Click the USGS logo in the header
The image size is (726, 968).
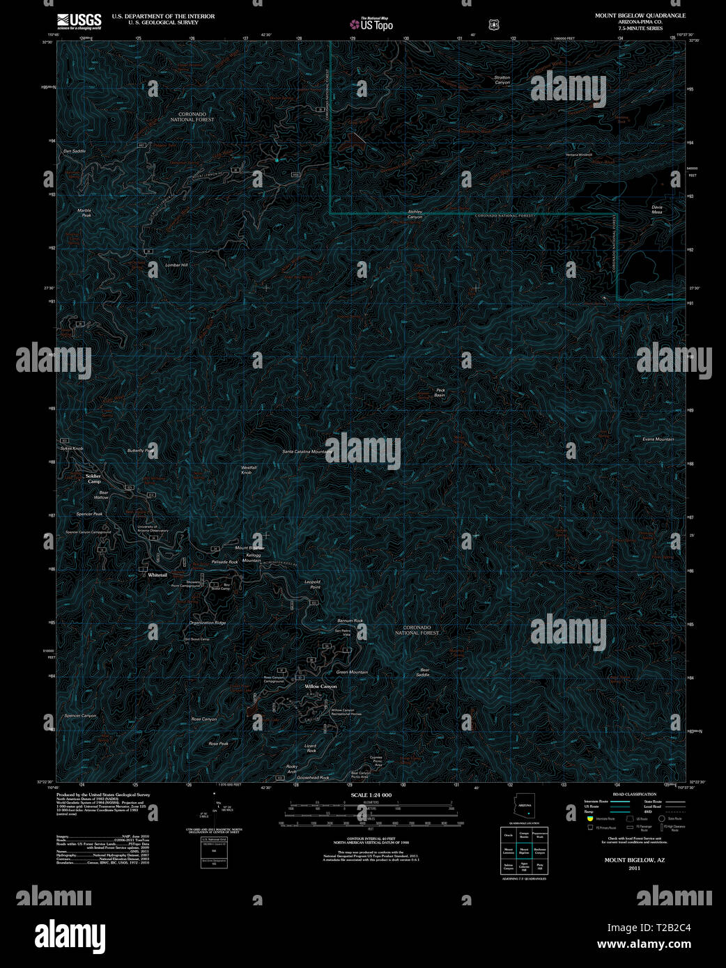(x=79, y=20)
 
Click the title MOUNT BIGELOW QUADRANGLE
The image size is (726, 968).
(x=640, y=15)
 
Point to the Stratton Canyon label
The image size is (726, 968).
(x=502, y=80)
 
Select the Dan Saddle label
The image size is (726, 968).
(x=74, y=151)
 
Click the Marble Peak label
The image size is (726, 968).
(x=84, y=213)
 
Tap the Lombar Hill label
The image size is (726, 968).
(x=176, y=265)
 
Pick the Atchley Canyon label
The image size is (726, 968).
(x=415, y=214)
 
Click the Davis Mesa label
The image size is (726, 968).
(x=656, y=210)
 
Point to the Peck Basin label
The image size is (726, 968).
(x=440, y=393)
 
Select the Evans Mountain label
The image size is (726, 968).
(x=658, y=439)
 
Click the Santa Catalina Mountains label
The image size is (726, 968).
(x=307, y=452)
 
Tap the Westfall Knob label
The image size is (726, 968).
(x=248, y=470)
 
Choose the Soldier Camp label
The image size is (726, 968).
(x=93, y=478)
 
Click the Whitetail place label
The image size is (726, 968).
(x=157, y=575)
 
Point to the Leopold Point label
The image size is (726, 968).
(x=312, y=584)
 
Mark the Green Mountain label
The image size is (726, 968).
(x=352, y=672)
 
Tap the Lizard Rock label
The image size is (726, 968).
(x=311, y=748)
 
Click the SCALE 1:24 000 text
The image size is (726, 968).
(x=371, y=795)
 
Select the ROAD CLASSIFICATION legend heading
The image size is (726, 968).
(x=634, y=795)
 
